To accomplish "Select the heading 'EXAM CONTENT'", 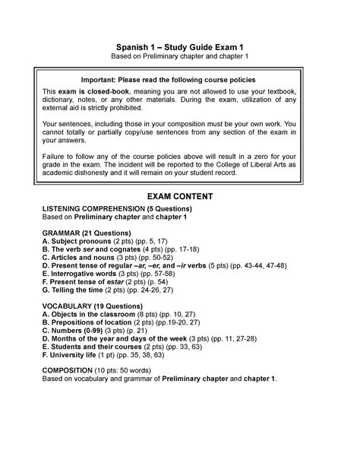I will (x=179, y=196).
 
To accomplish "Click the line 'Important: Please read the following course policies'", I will (x=179, y=79).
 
